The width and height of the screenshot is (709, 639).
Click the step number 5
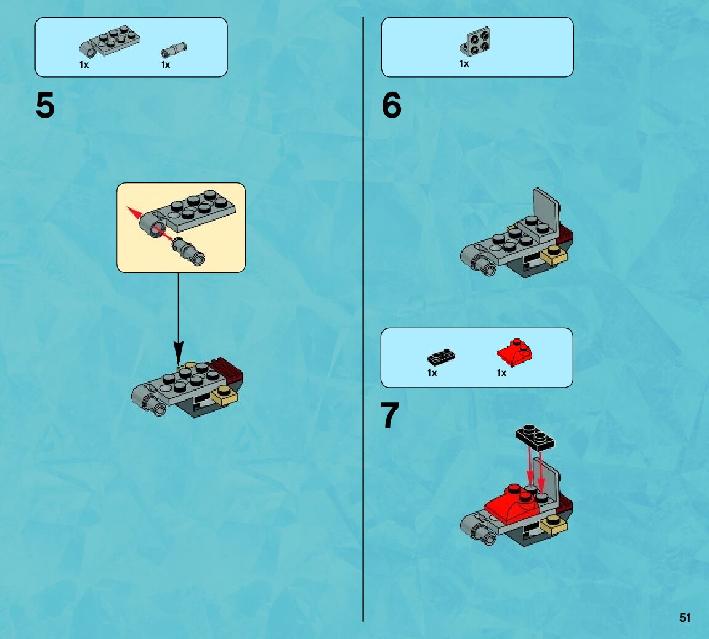[x=45, y=106]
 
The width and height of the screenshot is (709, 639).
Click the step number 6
[x=391, y=106]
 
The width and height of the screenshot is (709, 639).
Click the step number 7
[x=391, y=417]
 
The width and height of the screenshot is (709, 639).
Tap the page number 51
[x=685, y=617]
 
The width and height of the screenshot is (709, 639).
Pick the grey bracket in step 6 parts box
[x=476, y=41]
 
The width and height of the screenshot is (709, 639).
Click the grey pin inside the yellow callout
[x=188, y=251]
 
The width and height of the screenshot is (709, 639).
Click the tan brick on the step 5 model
[x=224, y=396]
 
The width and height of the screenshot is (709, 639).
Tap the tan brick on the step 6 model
[x=553, y=253]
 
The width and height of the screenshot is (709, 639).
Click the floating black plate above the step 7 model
[x=535, y=436]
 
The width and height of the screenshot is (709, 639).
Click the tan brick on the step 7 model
[x=554, y=525]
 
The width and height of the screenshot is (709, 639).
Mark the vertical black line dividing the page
[x=363, y=308]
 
